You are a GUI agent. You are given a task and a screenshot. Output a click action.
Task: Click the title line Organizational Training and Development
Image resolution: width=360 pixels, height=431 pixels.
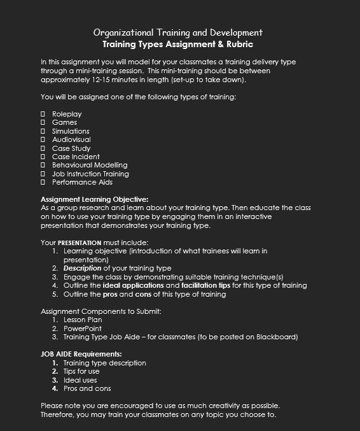coord(177,32)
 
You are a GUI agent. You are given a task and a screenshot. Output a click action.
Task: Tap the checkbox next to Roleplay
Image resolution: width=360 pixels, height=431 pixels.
coord(43,114)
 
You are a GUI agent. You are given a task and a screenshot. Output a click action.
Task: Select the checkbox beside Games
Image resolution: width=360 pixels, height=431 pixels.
coord(43,122)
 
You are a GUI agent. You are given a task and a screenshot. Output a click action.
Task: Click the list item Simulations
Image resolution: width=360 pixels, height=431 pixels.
coord(71,131)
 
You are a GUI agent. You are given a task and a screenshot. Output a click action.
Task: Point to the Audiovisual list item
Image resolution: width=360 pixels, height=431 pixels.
coord(71,139)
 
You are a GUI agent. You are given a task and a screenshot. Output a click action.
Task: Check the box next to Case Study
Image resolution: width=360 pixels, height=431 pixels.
coord(43,148)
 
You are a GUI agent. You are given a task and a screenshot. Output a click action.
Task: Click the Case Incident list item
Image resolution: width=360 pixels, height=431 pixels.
coord(76,157)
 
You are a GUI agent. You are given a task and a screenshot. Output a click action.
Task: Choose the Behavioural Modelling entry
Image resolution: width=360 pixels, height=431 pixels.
coord(90,165)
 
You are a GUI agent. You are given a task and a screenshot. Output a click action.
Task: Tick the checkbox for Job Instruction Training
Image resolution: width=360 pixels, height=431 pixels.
coord(43,174)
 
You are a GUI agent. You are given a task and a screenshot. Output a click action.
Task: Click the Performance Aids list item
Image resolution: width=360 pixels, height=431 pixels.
coord(82,182)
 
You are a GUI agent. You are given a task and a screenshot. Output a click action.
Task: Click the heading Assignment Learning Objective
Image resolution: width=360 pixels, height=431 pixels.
coord(94,199)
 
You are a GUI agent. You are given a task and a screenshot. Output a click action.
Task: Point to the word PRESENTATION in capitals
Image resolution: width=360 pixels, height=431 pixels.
coord(80,243)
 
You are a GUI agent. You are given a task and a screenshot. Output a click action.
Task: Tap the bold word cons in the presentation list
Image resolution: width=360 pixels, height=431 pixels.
coord(144,294)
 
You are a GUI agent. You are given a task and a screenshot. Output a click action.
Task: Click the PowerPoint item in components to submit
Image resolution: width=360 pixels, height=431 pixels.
coord(83,329)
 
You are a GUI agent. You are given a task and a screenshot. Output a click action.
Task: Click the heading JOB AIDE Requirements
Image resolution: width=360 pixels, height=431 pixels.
coord(81,354)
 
